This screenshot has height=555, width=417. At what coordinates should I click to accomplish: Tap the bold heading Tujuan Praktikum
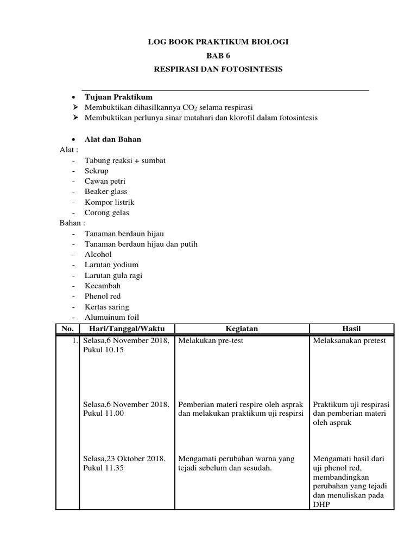[118, 97]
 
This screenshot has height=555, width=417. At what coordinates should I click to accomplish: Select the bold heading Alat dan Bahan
[113, 139]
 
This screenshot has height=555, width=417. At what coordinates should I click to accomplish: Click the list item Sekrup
[97, 171]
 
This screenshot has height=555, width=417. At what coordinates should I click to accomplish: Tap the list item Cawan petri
[105, 181]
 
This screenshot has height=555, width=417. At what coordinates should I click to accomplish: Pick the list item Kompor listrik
[109, 202]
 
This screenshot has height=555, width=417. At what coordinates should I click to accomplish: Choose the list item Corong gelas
[107, 212]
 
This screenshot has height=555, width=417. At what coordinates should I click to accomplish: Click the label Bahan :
[72, 223]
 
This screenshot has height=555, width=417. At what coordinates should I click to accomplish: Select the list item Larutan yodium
[111, 265]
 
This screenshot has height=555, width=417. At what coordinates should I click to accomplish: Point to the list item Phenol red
[103, 296]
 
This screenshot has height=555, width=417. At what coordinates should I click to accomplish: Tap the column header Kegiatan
[242, 328]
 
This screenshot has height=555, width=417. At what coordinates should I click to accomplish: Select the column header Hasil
[351, 328]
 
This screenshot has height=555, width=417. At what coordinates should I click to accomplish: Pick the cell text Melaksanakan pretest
[349, 340]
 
